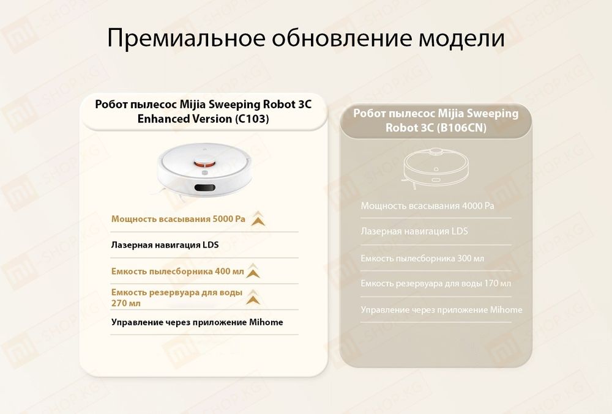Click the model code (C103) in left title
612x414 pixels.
point(252,119)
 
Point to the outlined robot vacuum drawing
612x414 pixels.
point(435,166)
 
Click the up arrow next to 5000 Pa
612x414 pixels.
point(257,219)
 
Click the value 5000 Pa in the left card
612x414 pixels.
point(228,218)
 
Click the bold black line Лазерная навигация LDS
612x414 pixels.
point(165,245)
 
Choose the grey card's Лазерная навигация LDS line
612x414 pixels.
point(414,232)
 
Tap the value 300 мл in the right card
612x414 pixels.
point(471,258)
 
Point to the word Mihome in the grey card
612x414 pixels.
point(506,309)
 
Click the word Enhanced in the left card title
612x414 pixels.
point(163,119)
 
